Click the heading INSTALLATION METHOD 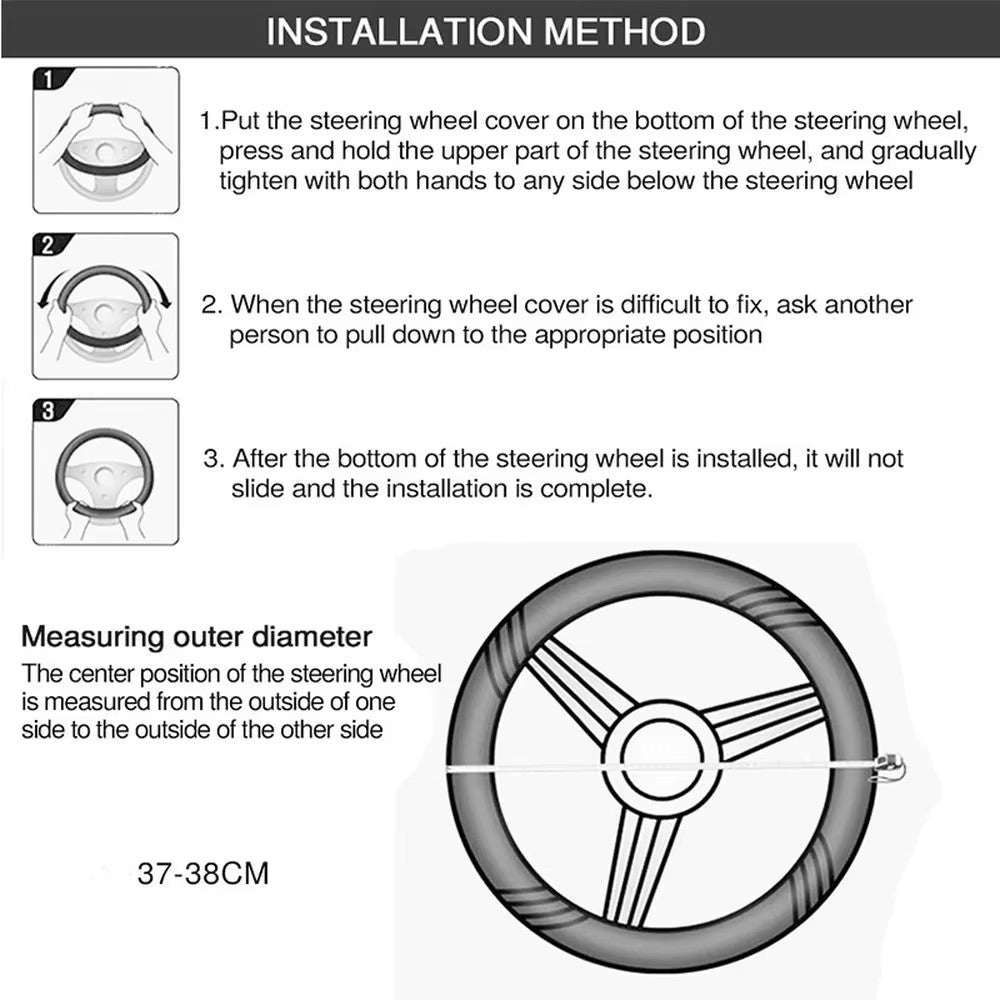(486, 31)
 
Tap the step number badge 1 (48, 79)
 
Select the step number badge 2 (48, 245)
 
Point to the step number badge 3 (48, 410)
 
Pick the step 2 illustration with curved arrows (106, 307)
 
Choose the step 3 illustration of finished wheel (106, 473)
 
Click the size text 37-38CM (203, 873)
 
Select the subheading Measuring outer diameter (197, 636)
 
